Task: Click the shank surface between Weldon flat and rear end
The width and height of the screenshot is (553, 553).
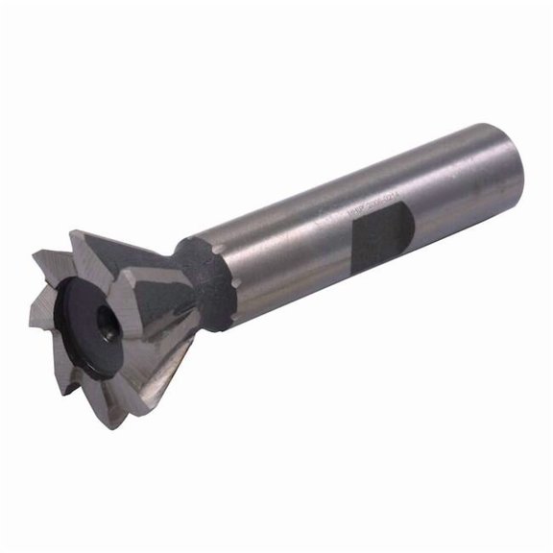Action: tap(451, 202)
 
